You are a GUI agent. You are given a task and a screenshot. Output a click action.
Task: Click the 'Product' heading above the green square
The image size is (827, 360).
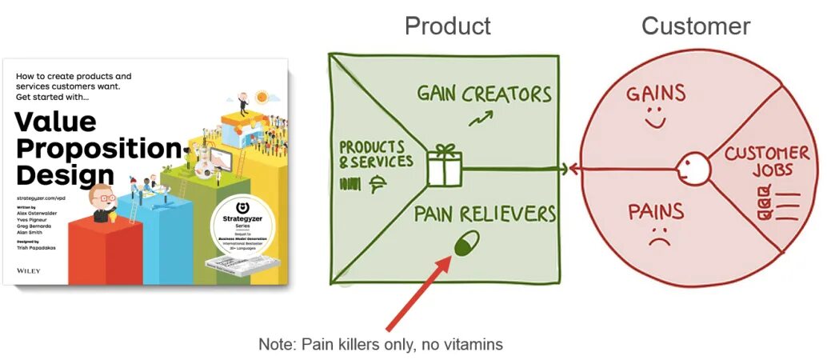click(447, 26)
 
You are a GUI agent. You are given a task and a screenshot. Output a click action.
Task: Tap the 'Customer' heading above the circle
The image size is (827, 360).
click(695, 26)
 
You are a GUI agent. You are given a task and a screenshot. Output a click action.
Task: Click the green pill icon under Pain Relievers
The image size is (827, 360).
click(465, 243)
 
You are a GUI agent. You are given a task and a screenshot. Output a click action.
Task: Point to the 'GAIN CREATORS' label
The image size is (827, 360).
click(485, 94)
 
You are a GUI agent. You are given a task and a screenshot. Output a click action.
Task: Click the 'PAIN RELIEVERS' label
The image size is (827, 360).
click(485, 214)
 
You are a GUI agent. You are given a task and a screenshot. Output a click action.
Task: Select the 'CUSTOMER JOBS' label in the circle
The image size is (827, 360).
click(766, 161)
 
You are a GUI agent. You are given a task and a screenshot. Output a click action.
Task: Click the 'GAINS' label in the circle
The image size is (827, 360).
click(656, 94)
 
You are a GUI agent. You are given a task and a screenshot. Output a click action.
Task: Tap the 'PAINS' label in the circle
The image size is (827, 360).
click(656, 212)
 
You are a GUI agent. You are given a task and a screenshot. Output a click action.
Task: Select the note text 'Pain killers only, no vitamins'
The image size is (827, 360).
click(380, 344)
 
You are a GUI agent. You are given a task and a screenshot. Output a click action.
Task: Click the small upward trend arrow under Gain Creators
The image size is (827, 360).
click(480, 119)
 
